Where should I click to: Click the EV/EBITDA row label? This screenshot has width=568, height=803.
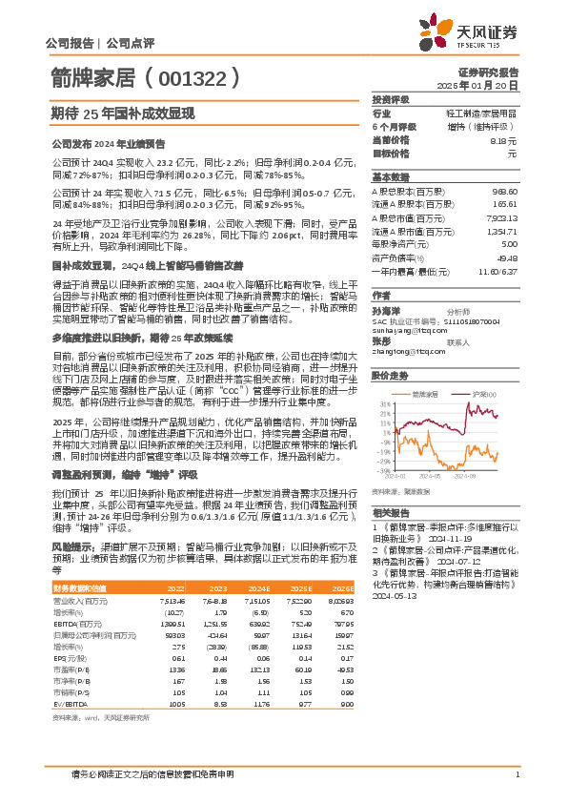70,702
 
